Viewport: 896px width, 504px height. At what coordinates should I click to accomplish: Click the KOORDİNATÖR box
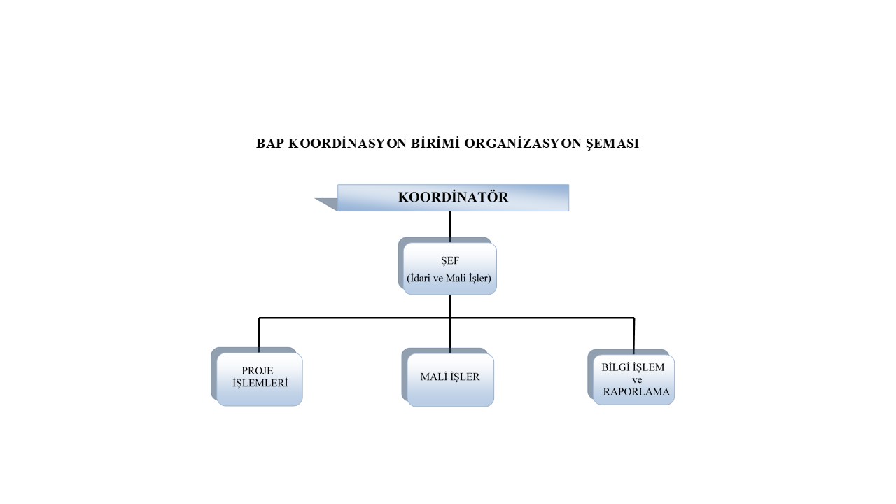(453, 197)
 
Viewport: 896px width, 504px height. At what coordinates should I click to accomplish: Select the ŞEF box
(450, 269)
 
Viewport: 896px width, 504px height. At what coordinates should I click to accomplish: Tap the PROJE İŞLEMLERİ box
(260, 379)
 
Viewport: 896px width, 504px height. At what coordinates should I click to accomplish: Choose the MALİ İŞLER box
(450, 379)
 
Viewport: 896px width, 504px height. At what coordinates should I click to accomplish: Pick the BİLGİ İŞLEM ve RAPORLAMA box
(634, 379)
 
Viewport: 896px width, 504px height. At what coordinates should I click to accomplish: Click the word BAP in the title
(269, 143)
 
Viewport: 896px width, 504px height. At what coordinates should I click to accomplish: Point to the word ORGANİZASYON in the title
(514, 143)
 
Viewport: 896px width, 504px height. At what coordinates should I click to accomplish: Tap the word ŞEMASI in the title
(609, 143)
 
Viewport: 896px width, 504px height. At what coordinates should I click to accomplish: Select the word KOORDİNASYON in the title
(339, 143)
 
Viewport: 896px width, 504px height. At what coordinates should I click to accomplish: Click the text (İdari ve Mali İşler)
(449, 278)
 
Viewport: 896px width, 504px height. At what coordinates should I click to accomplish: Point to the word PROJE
(258, 370)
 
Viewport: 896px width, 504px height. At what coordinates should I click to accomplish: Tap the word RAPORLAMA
(636, 393)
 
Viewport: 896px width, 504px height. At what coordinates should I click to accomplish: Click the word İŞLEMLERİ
(260, 384)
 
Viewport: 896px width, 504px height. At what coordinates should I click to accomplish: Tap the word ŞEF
(449, 260)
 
